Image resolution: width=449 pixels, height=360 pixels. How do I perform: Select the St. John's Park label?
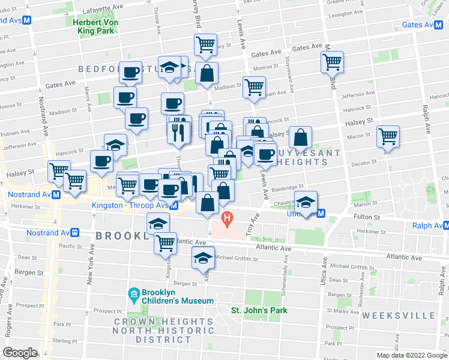coord(259,310)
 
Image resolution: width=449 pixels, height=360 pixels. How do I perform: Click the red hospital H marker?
coord(227,217)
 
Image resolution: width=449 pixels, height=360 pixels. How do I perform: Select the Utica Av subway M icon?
coord(321,214)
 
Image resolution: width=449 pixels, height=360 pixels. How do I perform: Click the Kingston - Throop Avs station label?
coord(130,205)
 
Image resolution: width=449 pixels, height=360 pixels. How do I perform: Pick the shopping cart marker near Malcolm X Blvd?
coord(332,61)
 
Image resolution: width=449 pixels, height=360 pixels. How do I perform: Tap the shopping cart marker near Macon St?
coord(388,136)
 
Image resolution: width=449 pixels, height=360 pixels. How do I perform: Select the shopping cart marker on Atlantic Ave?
coord(165,242)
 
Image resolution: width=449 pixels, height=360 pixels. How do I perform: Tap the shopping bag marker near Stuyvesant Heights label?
coord(300,137)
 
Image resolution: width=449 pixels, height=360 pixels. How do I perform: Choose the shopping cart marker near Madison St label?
coord(254,86)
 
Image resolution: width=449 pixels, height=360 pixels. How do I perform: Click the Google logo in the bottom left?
coord(20,352)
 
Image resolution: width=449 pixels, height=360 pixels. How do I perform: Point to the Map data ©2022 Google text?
coord(411,355)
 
